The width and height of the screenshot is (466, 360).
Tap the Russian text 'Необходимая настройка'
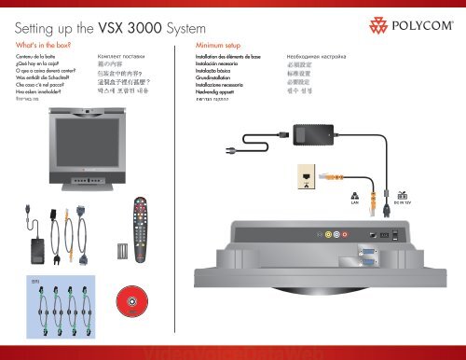tap(324, 57)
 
